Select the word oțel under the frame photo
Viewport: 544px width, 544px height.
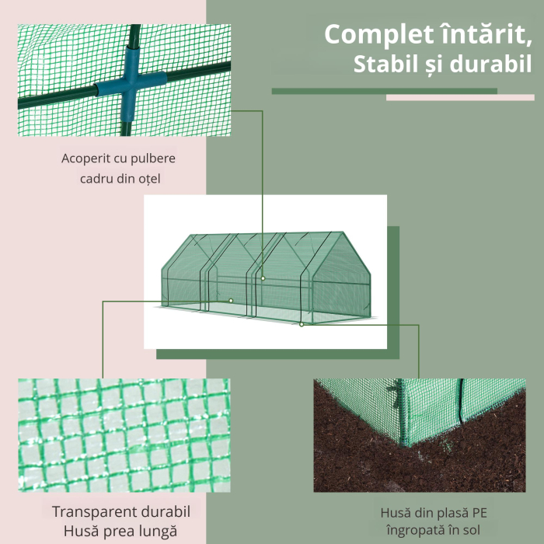point(149,179)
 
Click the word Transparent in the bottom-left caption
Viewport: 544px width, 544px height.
point(90,511)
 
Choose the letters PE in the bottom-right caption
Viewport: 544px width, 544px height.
point(479,513)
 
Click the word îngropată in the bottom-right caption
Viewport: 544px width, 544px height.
point(415,531)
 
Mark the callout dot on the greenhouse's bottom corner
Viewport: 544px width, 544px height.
point(302,324)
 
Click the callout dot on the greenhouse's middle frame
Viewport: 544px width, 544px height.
point(263,278)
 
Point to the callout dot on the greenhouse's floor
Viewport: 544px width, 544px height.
point(231,301)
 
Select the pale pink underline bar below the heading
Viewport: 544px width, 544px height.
point(460,97)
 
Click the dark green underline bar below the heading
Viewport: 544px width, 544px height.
point(385,91)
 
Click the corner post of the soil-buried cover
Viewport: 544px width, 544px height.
point(403,412)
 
